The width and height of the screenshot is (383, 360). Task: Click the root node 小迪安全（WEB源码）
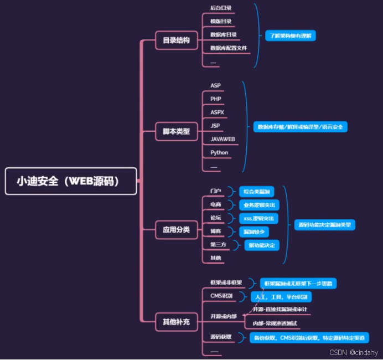[71, 181]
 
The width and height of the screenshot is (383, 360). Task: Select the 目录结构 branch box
[176, 40]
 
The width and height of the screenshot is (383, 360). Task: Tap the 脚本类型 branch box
[176, 131]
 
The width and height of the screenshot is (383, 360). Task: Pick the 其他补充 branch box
[176, 321]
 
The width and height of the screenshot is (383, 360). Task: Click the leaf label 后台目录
[221, 8]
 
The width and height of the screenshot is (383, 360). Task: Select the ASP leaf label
[215, 85]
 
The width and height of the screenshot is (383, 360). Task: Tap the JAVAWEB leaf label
[223, 139]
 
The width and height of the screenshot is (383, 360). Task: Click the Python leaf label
[219, 152]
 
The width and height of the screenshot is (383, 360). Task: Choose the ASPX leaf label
[217, 112]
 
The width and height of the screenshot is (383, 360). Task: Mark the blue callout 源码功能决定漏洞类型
[323, 225]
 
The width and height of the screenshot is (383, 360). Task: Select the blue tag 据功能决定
[262, 245]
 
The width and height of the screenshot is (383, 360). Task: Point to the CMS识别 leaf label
[222, 296]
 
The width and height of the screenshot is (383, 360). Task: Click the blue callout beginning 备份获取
[308, 337]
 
